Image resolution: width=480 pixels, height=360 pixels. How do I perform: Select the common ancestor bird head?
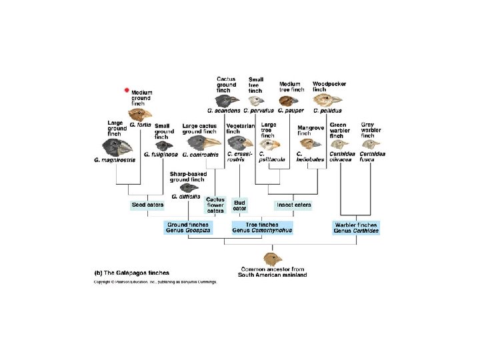click(x=273, y=258)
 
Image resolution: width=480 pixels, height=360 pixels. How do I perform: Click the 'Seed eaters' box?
click(x=147, y=205)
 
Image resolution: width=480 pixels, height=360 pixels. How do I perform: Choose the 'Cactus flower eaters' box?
click(x=215, y=205)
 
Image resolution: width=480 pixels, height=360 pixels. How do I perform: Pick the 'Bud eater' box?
click(x=240, y=205)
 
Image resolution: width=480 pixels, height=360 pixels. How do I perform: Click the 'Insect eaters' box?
click(x=293, y=205)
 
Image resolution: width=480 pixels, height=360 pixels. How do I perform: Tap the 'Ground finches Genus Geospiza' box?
click(x=189, y=227)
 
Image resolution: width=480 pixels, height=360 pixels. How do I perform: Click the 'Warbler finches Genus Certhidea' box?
click(x=356, y=227)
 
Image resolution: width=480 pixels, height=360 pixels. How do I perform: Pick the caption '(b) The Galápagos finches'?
click(x=131, y=273)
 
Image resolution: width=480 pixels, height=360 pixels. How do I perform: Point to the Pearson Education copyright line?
click(x=155, y=282)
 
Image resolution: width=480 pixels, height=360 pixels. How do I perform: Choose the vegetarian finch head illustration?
click(x=241, y=142)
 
